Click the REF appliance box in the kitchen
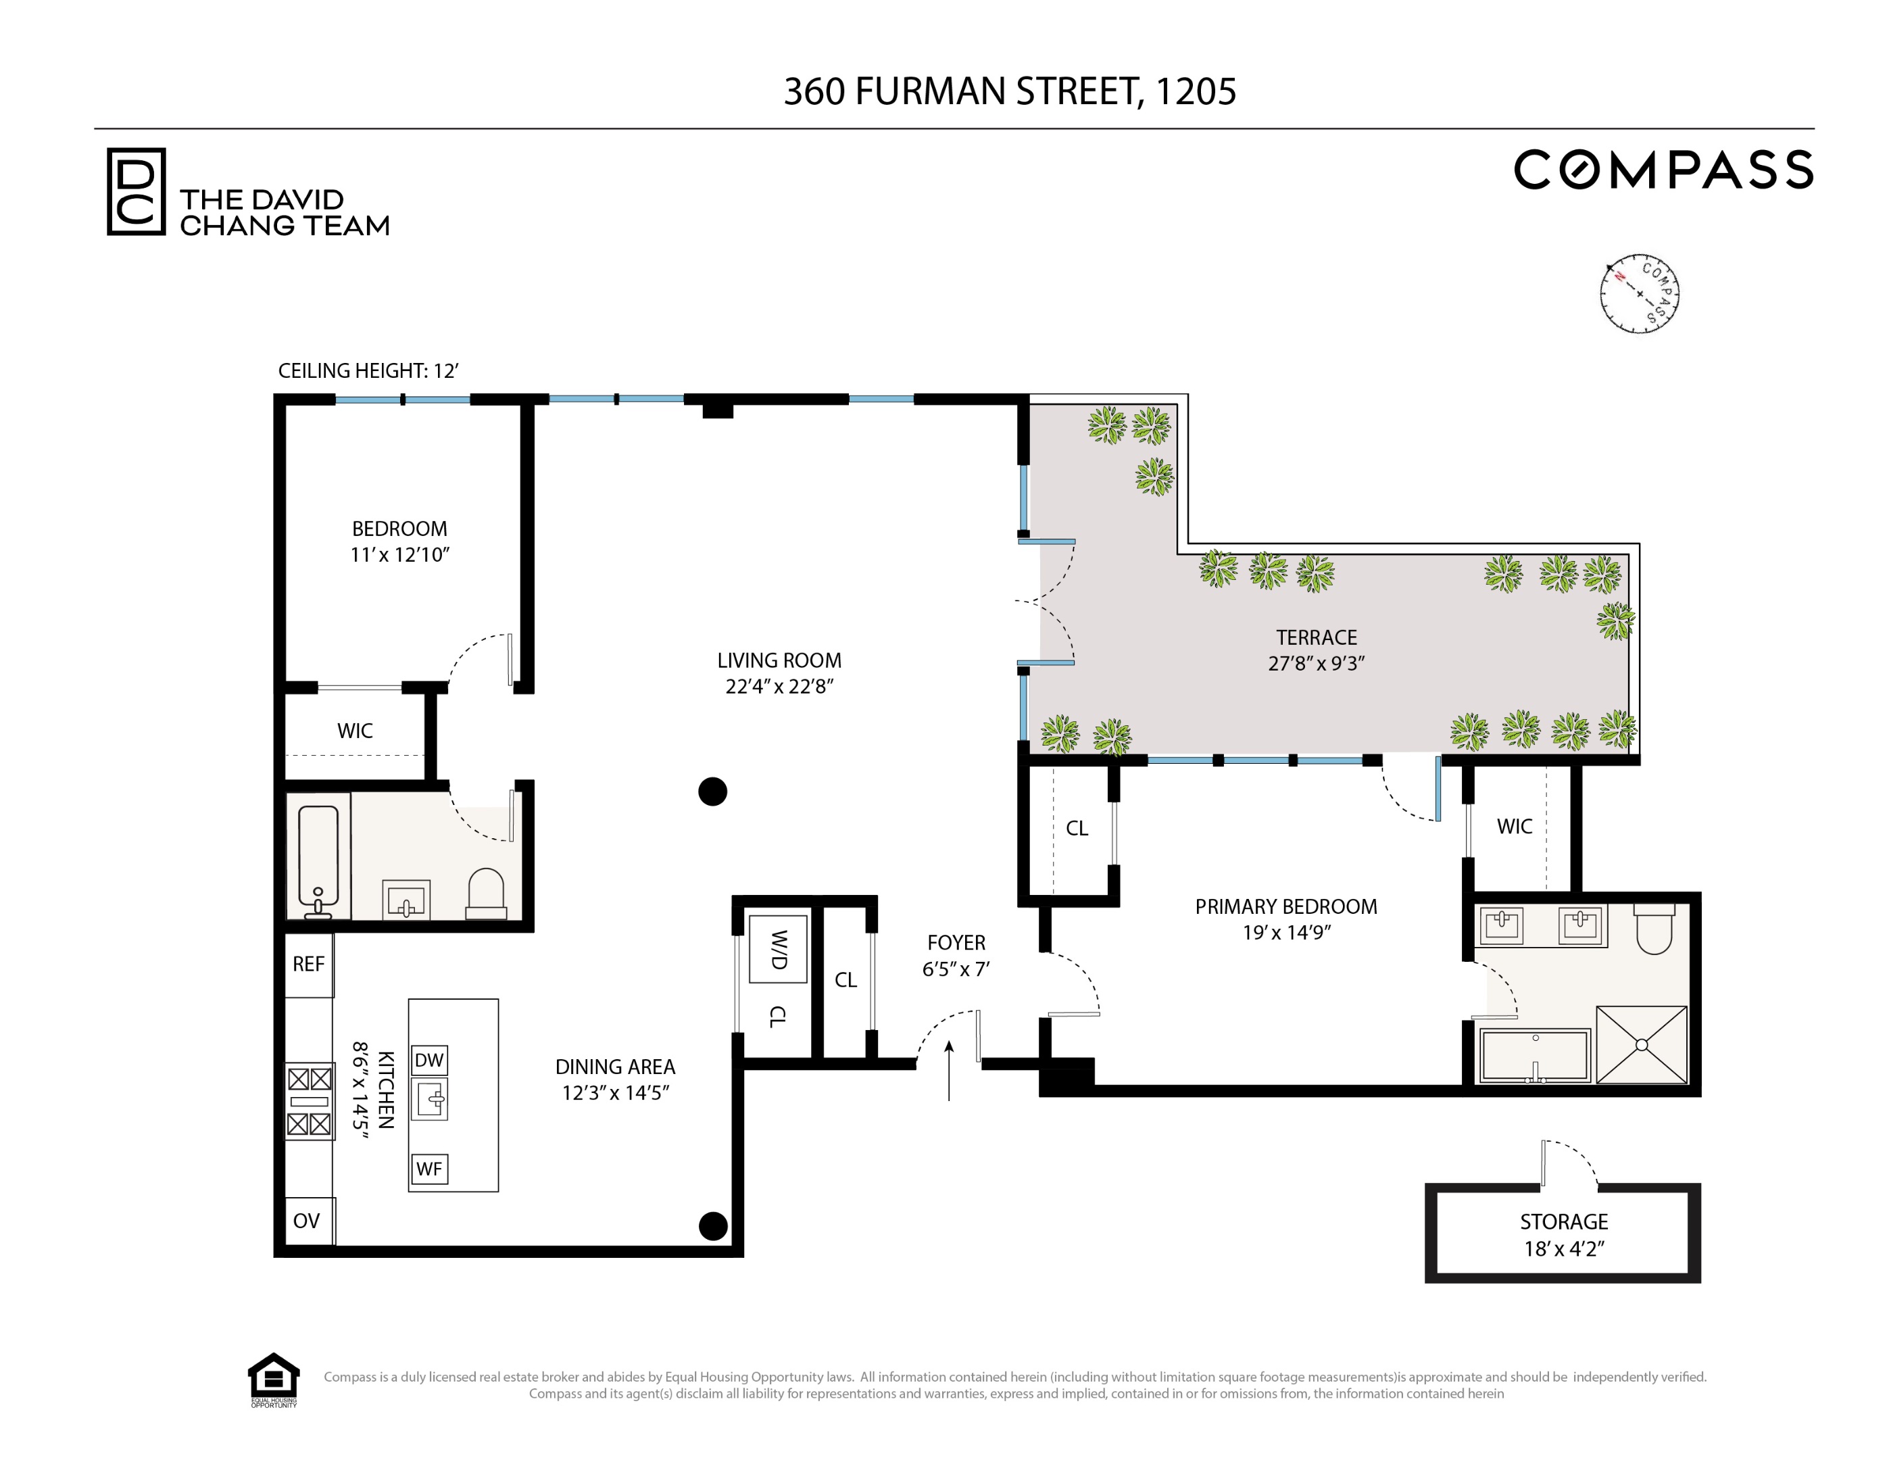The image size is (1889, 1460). [309, 965]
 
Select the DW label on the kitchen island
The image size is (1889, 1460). [429, 1061]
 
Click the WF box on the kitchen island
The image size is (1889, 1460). [429, 1169]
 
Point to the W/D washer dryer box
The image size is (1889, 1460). [779, 950]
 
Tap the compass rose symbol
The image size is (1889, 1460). [1639, 294]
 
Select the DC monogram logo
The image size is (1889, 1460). [136, 191]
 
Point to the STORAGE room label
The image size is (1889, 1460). [1564, 1222]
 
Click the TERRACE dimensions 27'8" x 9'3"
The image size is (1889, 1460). [1316, 663]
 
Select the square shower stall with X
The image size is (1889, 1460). [1641, 1045]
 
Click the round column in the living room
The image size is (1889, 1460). [713, 792]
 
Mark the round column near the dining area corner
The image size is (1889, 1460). [713, 1225]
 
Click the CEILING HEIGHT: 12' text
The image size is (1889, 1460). [368, 371]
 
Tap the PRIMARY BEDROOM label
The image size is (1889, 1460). [1285, 906]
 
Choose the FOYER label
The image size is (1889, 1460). [956, 943]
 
